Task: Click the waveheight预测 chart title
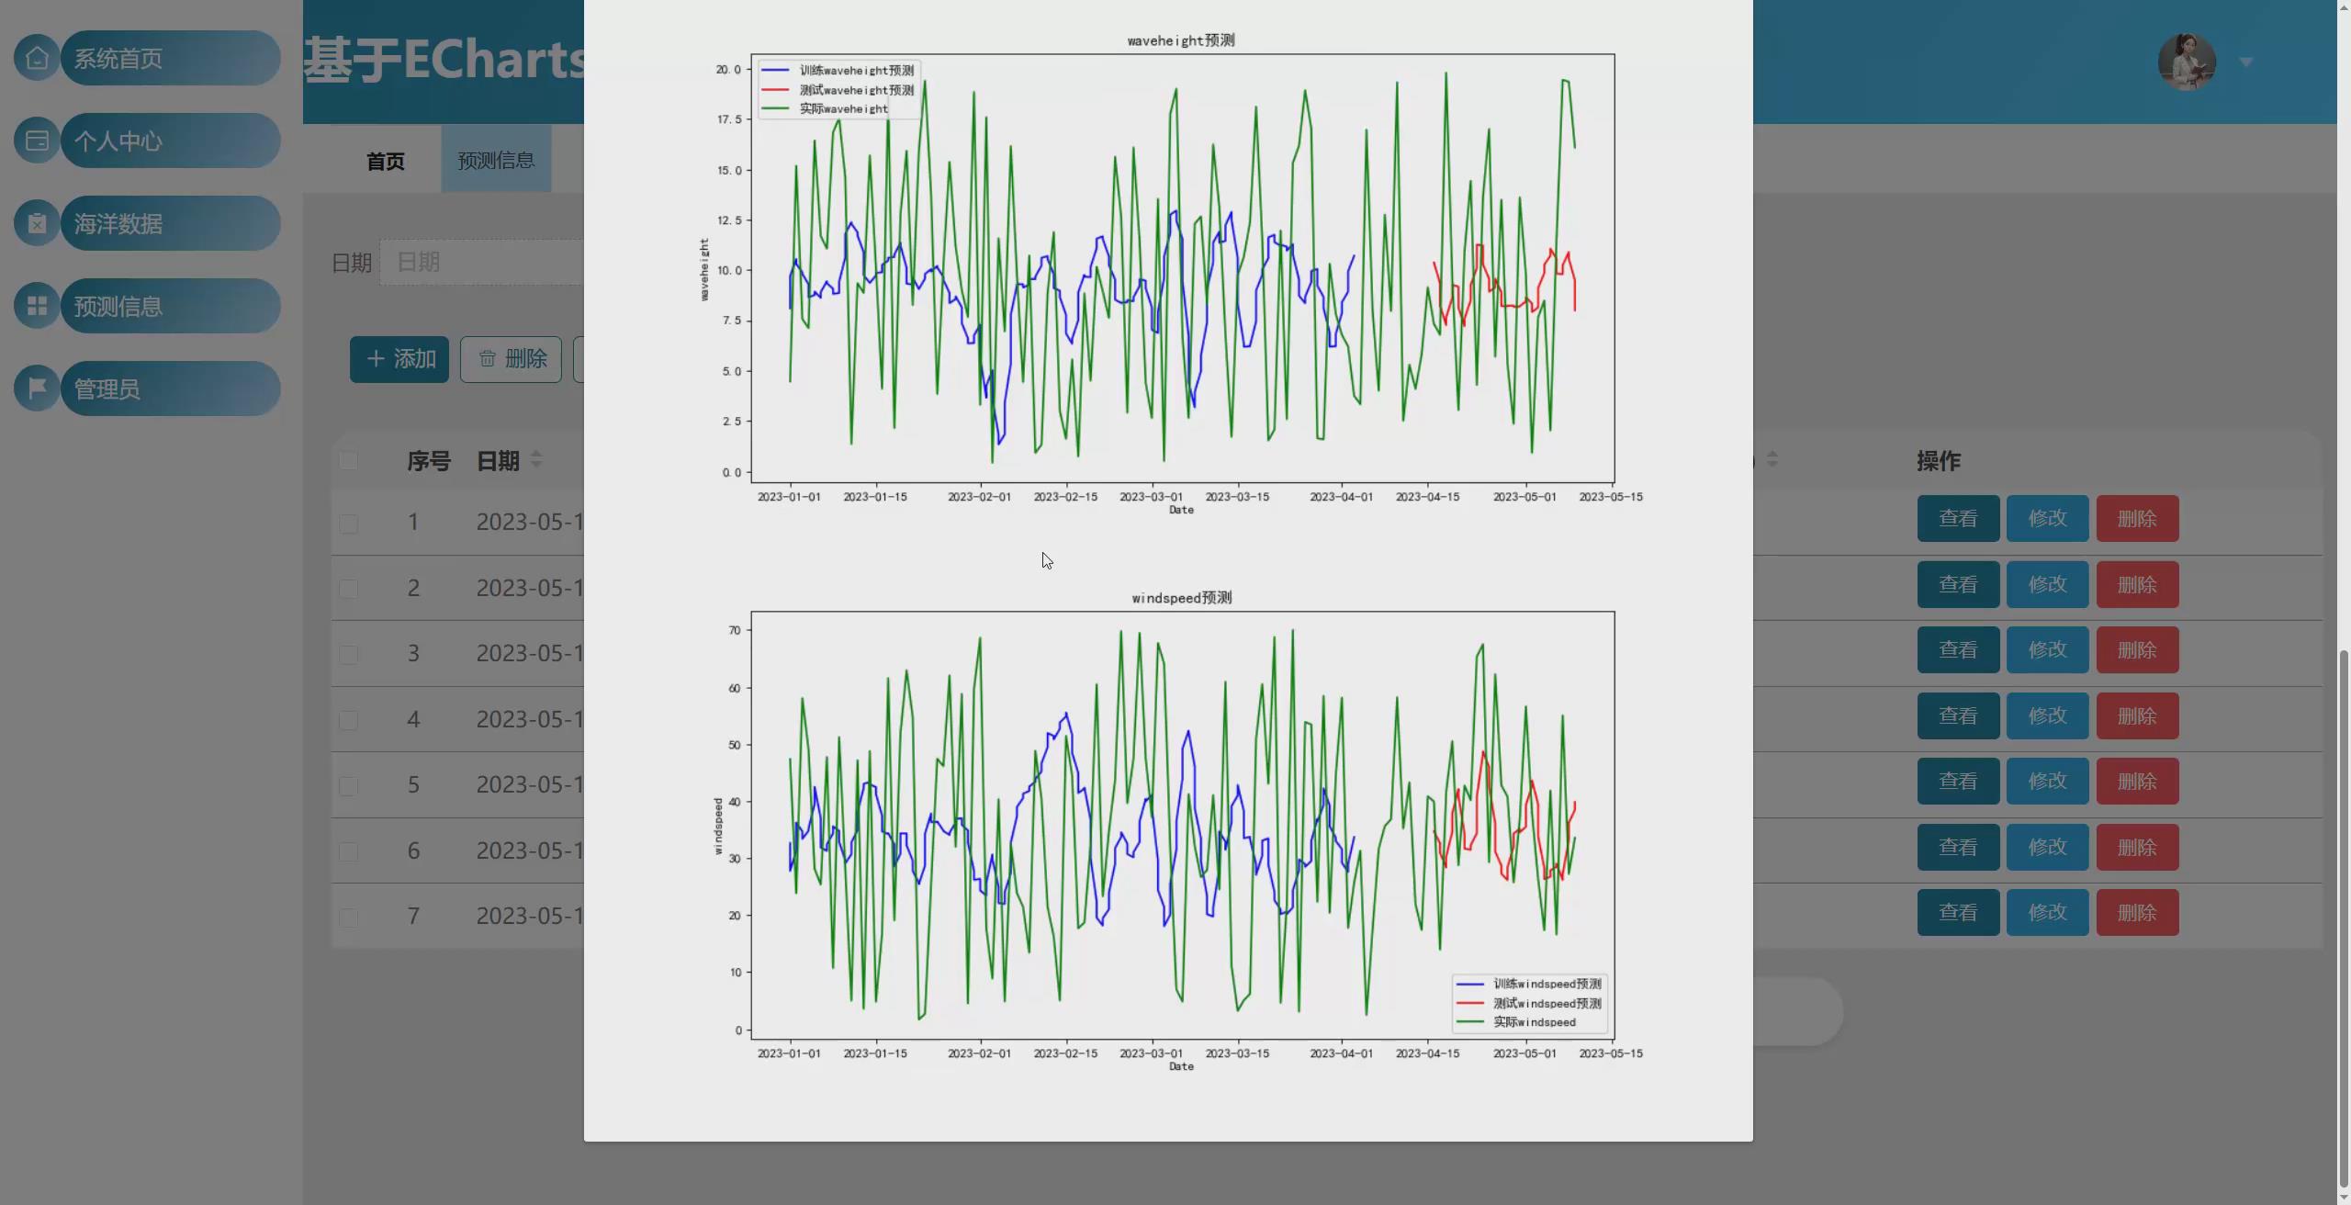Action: tap(1181, 40)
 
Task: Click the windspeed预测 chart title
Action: tap(1182, 598)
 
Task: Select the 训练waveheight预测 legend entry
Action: tap(856, 71)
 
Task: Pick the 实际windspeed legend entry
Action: tap(1534, 1022)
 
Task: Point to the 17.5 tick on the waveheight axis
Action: tap(729, 119)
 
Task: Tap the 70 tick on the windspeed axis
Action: tap(735, 631)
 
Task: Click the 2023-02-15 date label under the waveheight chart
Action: tap(1065, 497)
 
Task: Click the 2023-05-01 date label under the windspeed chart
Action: tap(1524, 1053)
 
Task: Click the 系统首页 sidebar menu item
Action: tap(170, 59)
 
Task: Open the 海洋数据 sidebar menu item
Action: tap(170, 224)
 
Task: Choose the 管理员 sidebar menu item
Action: tap(170, 389)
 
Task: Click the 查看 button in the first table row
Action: tap(1958, 519)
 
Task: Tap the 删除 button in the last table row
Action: tap(2137, 913)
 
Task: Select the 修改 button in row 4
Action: tap(2047, 716)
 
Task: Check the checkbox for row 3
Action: tap(348, 655)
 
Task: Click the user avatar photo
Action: tap(2187, 62)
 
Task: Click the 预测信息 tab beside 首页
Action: tap(496, 161)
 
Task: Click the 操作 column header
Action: tap(1939, 461)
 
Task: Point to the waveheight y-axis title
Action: tap(704, 269)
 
